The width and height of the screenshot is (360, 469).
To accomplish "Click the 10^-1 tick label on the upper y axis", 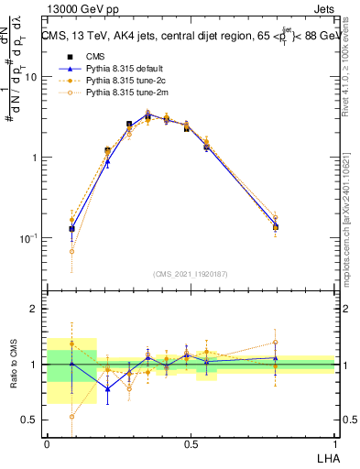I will [29, 237].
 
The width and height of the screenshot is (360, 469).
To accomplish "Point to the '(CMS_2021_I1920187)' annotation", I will [191, 273].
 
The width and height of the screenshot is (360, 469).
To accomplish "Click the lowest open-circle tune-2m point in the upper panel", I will [71, 251].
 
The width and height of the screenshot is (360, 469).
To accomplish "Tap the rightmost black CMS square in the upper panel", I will [275, 227].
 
